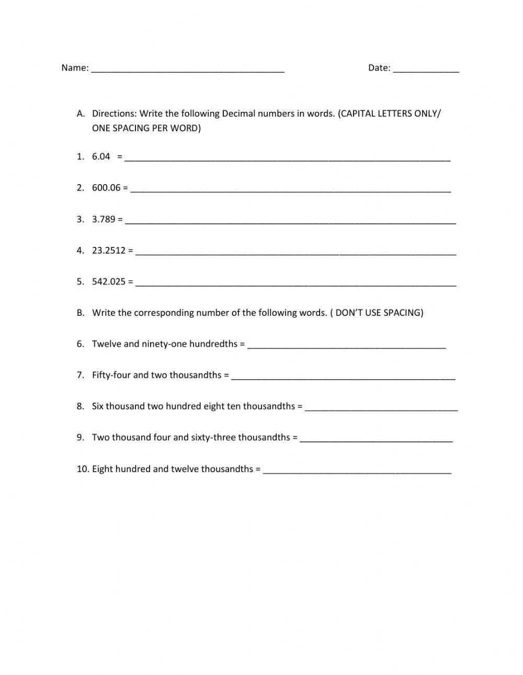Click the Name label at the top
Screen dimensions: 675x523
point(74,67)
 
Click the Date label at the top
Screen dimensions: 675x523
point(379,67)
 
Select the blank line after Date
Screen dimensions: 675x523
point(426,70)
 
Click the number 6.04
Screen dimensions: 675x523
point(101,156)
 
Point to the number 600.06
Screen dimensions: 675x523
point(106,188)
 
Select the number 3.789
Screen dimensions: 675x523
point(104,219)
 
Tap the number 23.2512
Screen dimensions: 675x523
point(109,250)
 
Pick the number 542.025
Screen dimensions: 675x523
point(109,282)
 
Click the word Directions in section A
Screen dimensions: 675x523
point(114,113)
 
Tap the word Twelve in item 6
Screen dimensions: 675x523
point(106,344)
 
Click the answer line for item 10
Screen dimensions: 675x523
point(357,471)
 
